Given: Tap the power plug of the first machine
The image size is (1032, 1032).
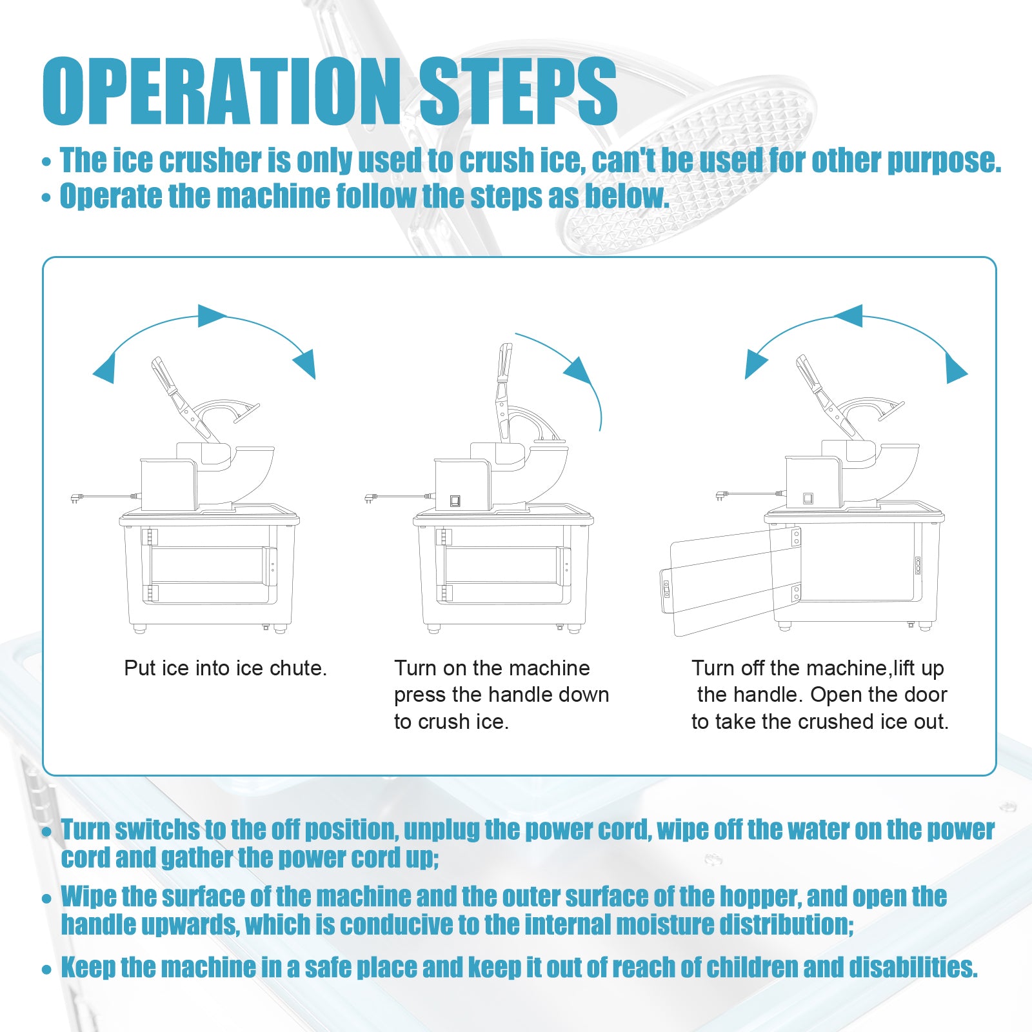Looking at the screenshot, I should click(77, 498).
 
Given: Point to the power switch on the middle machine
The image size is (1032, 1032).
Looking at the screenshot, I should click(455, 501).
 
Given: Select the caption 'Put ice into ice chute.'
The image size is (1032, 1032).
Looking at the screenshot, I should click(225, 668).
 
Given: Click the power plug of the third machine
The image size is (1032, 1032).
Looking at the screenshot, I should click(722, 495).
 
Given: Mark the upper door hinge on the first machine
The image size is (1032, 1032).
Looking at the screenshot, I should click(150, 537).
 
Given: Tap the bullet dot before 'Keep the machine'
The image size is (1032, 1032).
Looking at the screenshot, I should click(46, 969).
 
